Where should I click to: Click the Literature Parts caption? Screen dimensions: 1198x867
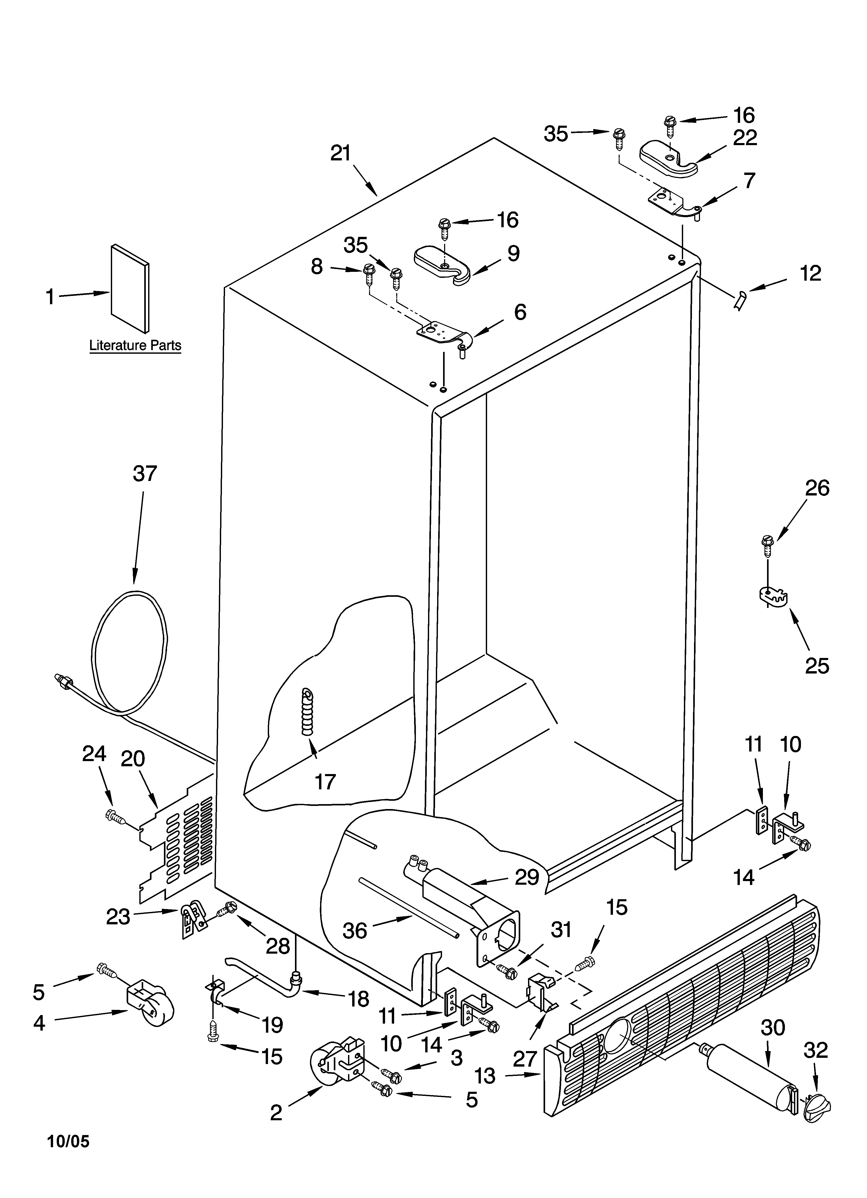(x=135, y=346)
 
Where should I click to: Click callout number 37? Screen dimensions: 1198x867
(x=145, y=474)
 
